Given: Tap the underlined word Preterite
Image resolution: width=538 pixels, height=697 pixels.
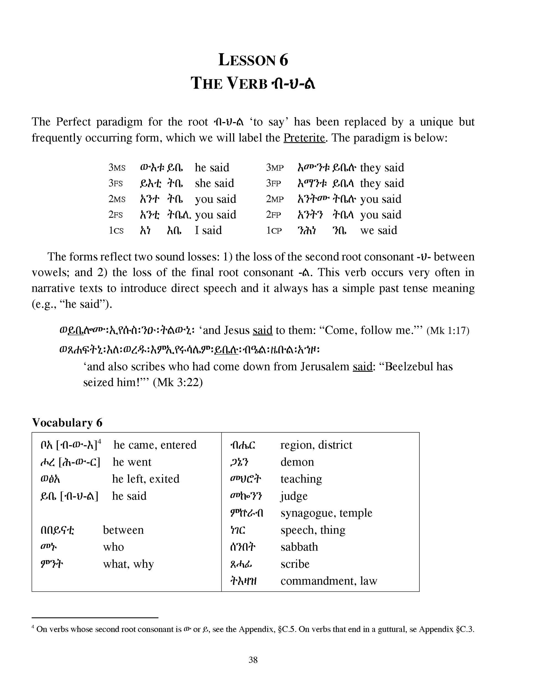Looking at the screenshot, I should [304, 138].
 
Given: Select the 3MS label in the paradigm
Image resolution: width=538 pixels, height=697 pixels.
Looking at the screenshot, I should [117, 167].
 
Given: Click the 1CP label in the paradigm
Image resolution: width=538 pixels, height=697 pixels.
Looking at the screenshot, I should [274, 230].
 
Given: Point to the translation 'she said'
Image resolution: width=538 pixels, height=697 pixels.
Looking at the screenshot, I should [215, 183].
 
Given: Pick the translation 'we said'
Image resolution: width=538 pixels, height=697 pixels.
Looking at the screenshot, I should [379, 230].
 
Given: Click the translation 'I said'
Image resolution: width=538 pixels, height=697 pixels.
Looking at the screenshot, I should [208, 230].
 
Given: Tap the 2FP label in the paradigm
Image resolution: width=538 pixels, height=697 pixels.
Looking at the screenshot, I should [273, 215].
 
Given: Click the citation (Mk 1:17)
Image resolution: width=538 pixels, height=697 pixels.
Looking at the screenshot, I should [448, 331].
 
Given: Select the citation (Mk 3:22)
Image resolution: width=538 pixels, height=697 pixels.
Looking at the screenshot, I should [177, 382].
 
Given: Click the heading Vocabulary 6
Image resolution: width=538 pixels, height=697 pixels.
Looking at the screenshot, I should [67, 422].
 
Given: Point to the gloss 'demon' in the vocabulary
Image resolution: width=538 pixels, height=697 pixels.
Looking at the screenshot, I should [297, 462].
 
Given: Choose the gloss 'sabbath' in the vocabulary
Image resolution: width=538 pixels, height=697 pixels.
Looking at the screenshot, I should [299, 547].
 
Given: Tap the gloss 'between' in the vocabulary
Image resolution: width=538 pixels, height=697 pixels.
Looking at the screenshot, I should [123, 530].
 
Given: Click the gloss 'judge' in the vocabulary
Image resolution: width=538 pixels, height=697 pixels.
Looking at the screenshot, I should [294, 496].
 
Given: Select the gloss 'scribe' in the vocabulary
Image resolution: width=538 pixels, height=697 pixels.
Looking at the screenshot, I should [295, 564].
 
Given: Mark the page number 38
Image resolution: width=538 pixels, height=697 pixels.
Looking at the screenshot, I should [253, 660].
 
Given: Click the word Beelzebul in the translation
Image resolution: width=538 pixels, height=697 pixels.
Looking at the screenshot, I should [409, 366].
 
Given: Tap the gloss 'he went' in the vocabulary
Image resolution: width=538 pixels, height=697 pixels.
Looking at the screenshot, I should [132, 462].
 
